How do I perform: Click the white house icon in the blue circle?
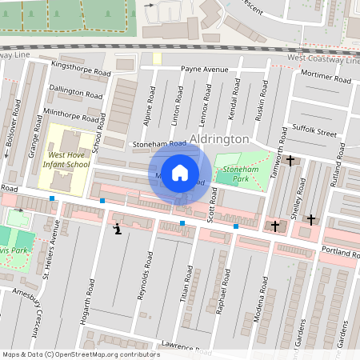(180, 172)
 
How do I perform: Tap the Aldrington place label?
(220, 138)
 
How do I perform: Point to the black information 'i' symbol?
(118, 230)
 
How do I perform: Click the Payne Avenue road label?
(204, 70)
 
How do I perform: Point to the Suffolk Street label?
(315, 127)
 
